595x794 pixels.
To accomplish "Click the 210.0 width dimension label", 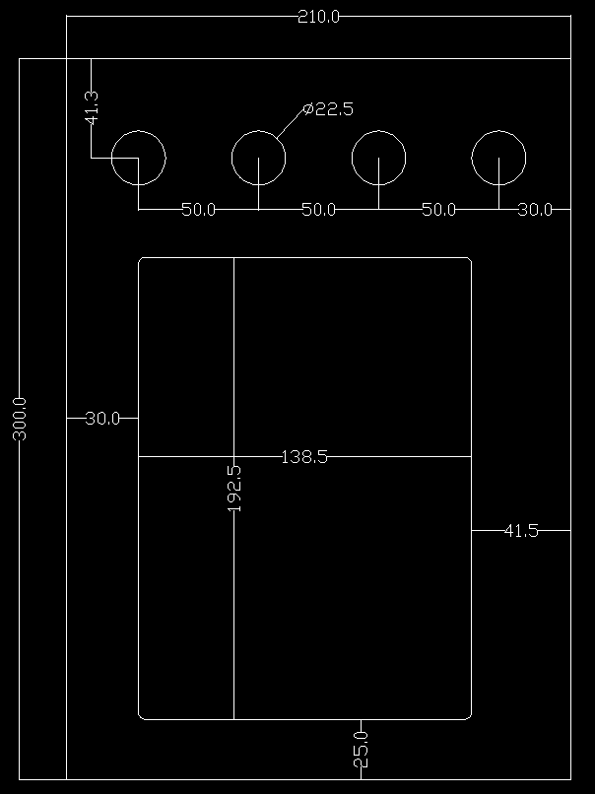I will point(318,17).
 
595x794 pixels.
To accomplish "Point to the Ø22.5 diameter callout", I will point(328,109).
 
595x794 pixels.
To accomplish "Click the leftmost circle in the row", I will point(138,157).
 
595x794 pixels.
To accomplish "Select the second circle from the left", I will point(258,157).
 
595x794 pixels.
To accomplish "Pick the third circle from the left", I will point(378,157).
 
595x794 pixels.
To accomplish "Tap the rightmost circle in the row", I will point(498,157).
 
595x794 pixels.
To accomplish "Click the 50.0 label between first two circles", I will point(198,210).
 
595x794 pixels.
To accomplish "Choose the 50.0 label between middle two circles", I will point(318,210).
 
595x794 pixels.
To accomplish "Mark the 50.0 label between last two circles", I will point(438,210).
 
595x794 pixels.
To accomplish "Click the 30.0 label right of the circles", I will point(535,210).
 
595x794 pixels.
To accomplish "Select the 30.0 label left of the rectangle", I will point(102,419).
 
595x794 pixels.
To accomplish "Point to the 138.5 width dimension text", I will point(304,457).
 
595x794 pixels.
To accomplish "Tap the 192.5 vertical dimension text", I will point(234,489).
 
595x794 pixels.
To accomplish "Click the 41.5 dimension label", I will point(521,531).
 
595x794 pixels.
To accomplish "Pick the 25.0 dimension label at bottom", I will point(362,750).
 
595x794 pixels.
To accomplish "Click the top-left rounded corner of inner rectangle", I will point(141,260).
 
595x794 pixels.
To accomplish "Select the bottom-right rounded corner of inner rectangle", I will point(469,716).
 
